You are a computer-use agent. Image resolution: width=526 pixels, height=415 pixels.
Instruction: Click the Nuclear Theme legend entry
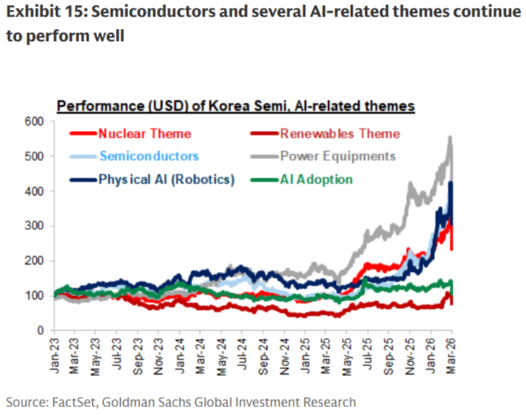pyautogui.click(x=145, y=134)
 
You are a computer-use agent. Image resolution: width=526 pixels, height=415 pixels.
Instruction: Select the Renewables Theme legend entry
pyautogui.click(x=339, y=134)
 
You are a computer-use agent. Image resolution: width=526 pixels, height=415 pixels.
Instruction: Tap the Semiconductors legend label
pyautogui.click(x=149, y=156)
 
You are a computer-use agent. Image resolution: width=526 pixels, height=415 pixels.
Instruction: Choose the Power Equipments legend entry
pyautogui.click(x=337, y=156)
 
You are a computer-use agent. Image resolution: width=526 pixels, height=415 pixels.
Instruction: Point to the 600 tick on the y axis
pyautogui.click(x=34, y=122)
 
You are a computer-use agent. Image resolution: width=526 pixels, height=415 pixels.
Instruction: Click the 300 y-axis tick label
pyautogui.click(x=34, y=226)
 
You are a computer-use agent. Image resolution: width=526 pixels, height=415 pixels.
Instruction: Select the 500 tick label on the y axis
pyautogui.click(x=34, y=156)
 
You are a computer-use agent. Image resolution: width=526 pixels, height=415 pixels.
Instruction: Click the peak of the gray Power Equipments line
pyautogui.click(x=450, y=137)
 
